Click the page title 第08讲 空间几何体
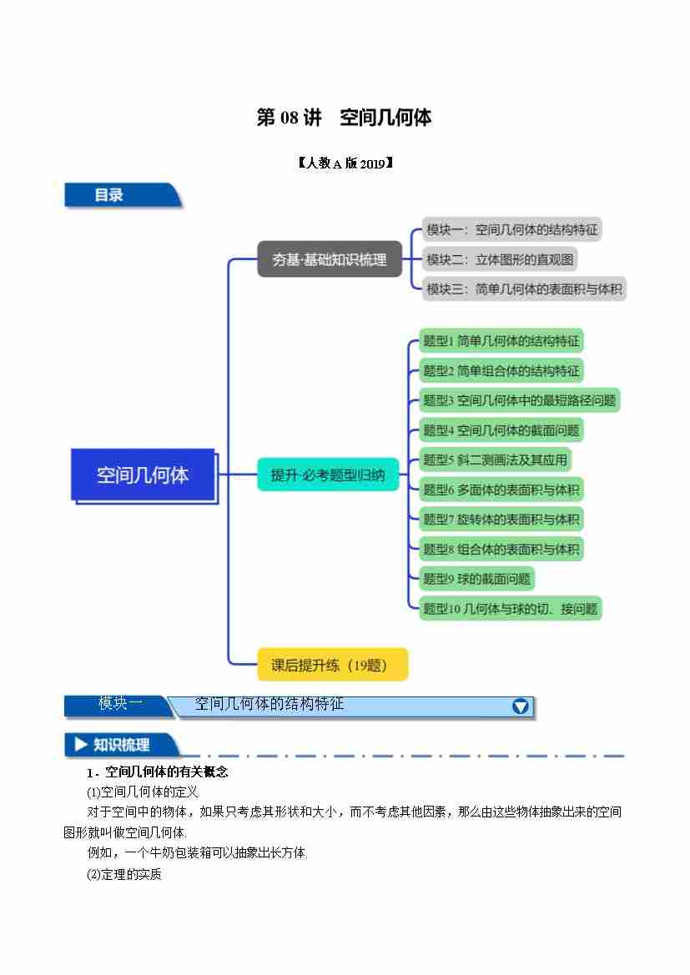tap(344, 118)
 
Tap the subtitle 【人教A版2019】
tap(344, 163)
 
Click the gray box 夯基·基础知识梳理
tap(329, 259)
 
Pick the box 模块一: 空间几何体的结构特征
tap(511, 229)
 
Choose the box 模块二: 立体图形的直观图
tap(500, 259)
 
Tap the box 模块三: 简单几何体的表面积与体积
tap(524, 289)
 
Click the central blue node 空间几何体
tap(143, 475)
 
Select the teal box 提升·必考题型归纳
tap(328, 475)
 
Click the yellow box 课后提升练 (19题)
tap(332, 665)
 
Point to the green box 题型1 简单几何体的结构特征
tap(501, 340)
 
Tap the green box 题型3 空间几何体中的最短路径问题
tap(519, 400)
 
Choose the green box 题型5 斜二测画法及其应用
tap(495, 460)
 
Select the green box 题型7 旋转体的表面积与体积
tap(501, 519)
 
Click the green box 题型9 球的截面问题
tap(476, 579)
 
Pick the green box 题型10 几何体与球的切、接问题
tap(510, 609)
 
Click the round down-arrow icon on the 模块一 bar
tap(521, 706)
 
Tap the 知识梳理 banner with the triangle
tap(121, 745)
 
